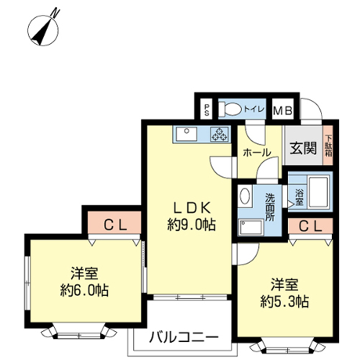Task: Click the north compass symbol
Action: [x=43, y=30]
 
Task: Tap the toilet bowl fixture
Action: [x=229, y=109]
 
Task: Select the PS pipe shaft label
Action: [x=207, y=110]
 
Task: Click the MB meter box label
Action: [x=283, y=111]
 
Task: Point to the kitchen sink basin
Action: [x=186, y=134]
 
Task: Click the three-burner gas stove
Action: [x=220, y=134]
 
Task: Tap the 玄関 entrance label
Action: [x=303, y=148]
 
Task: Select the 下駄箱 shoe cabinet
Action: [x=328, y=145]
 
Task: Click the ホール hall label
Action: [x=257, y=153]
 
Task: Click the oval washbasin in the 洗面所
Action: [x=245, y=196]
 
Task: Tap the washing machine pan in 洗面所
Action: [x=251, y=227]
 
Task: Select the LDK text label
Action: [x=192, y=208]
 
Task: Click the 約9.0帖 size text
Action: [x=192, y=225]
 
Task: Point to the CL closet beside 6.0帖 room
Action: [x=114, y=222]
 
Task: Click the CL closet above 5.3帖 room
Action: [x=310, y=226]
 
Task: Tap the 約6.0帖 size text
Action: [x=84, y=290]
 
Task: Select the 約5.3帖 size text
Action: [x=284, y=302]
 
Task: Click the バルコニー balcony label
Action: [x=184, y=338]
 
